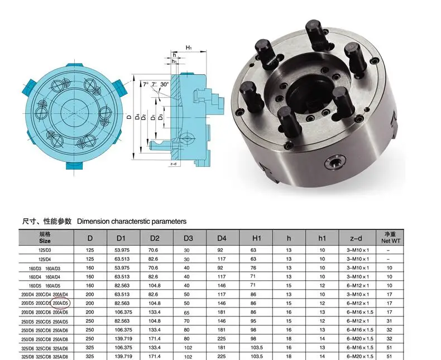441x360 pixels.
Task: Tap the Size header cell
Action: [x=45, y=238]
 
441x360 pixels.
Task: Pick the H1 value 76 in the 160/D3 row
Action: [x=253, y=268]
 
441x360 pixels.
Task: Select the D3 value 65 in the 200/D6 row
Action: [x=187, y=312]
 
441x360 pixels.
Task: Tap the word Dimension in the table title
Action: [x=95, y=222]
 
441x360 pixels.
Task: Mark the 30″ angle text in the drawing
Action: [x=164, y=84]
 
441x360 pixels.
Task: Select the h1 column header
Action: [x=322, y=238]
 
